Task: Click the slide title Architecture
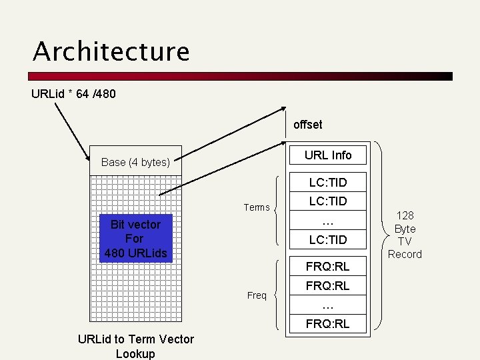tap(111, 52)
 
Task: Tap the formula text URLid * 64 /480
tap(73, 94)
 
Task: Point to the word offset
tap(307, 124)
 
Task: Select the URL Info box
tap(327, 155)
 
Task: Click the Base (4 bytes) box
tap(135, 161)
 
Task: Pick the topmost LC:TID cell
tap(327, 181)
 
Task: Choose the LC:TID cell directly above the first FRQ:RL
tap(327, 239)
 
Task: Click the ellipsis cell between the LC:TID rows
tap(327, 220)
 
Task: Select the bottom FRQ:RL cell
tap(327, 325)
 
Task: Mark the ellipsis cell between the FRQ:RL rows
tap(327, 305)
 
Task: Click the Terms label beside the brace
tap(257, 207)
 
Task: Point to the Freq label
tap(257, 295)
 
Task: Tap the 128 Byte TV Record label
tap(405, 235)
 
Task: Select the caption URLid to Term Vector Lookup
tap(135, 346)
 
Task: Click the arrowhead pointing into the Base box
tap(88, 159)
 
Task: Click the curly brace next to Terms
tap(278, 208)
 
